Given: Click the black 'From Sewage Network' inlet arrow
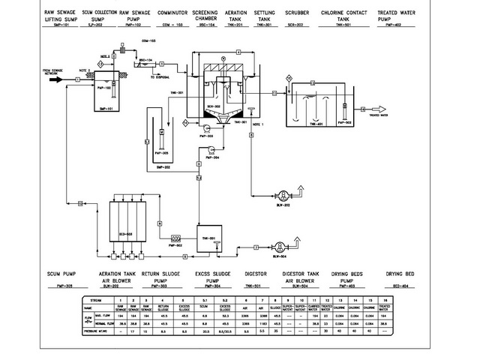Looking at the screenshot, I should (x=57, y=77).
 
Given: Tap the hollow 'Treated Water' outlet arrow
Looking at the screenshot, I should (x=362, y=115).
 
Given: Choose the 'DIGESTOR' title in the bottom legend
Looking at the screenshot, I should (x=256, y=274).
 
